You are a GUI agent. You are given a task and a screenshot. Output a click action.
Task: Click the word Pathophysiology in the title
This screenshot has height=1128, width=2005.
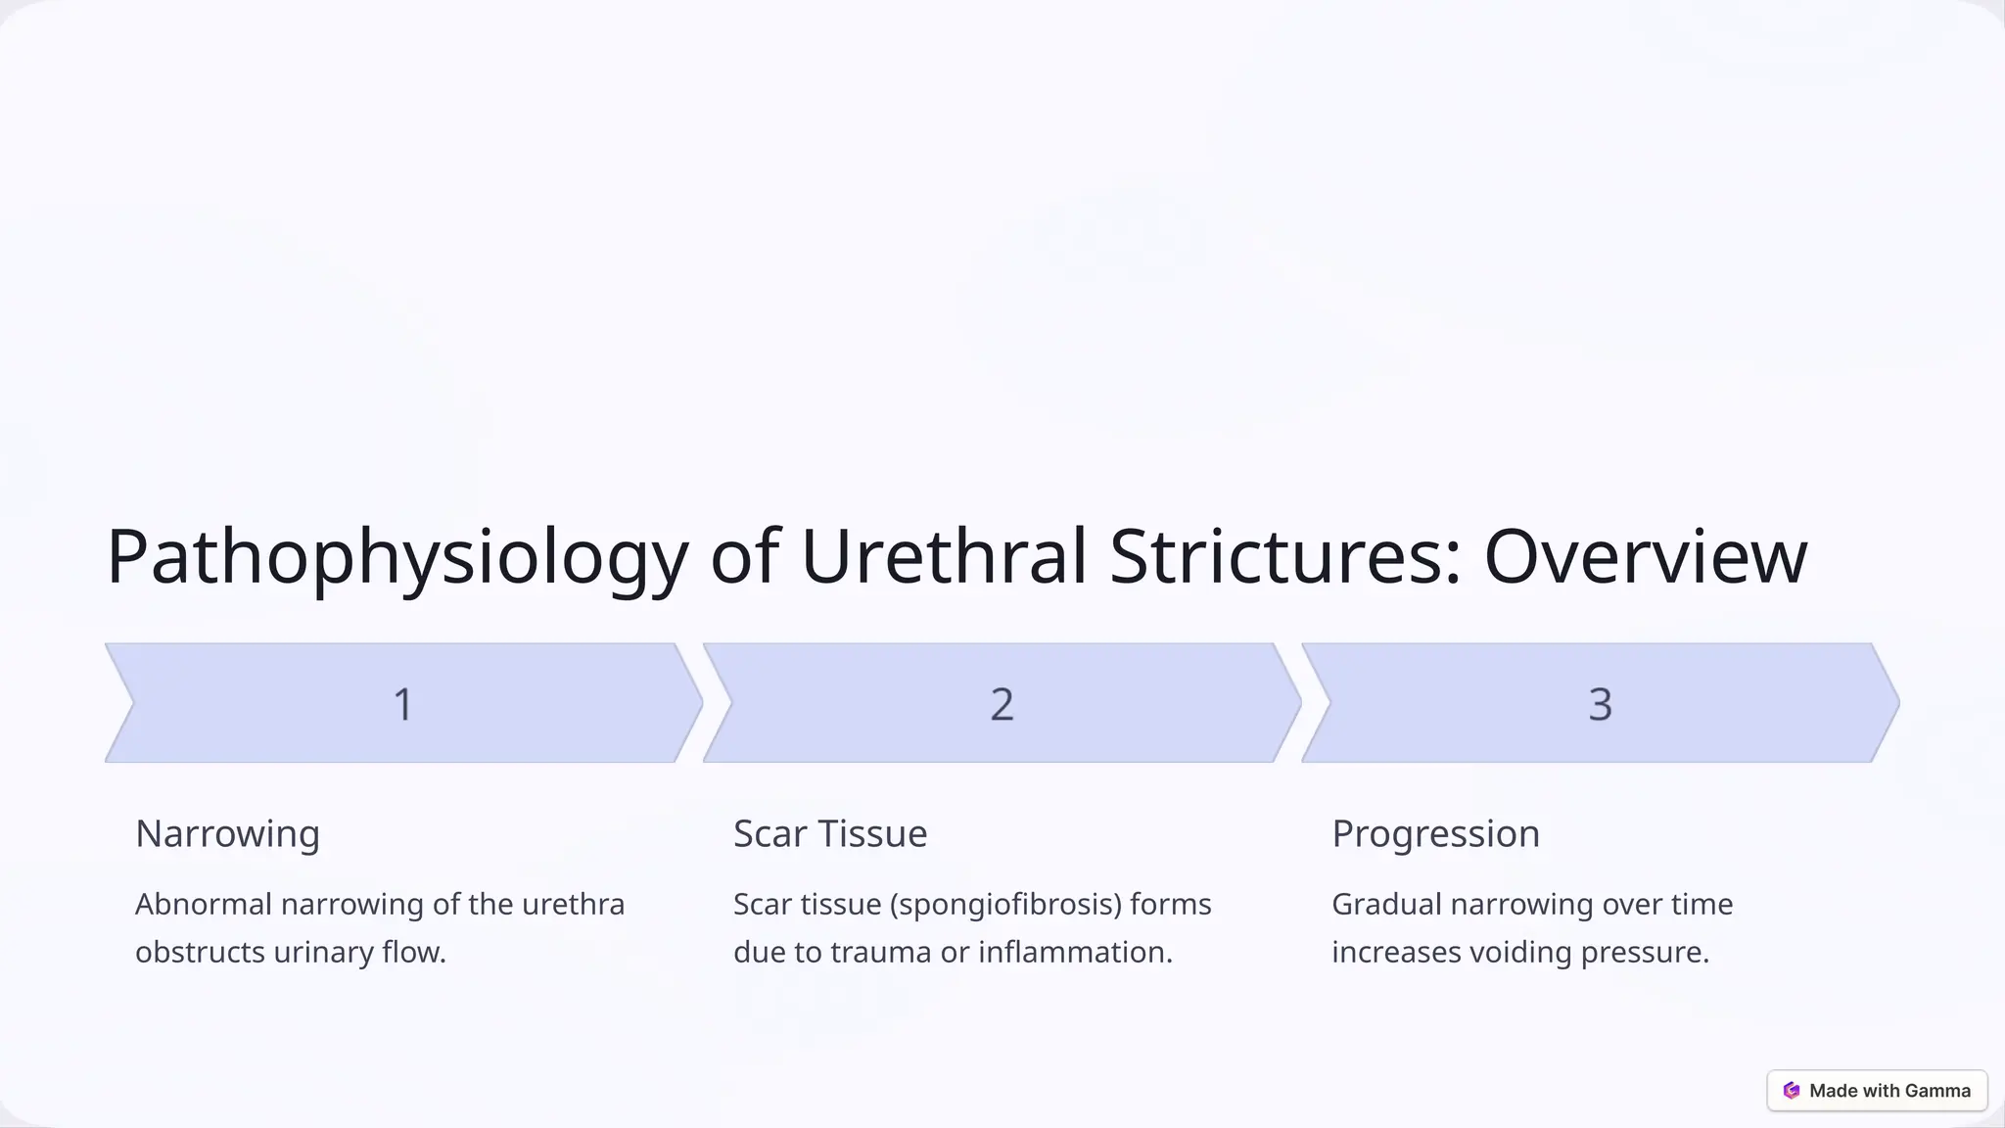396,557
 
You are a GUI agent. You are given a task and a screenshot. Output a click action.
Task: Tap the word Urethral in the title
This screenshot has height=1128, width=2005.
944,557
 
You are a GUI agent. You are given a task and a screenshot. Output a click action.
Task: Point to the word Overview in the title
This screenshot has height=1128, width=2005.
1645,557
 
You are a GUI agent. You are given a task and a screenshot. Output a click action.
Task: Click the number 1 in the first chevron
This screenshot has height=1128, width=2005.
402,704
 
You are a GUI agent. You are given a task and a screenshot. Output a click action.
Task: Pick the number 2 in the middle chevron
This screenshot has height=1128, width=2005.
1002,704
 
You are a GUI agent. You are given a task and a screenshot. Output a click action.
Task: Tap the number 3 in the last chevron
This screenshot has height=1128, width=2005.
1600,704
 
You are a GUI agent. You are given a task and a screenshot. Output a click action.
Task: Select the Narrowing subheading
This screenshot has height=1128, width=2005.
227,834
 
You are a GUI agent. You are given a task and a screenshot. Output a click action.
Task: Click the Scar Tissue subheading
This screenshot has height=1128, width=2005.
829,834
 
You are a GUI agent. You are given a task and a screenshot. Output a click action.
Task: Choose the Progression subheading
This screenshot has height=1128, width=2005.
1435,834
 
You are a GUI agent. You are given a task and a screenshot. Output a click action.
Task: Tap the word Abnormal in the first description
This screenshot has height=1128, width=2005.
203,904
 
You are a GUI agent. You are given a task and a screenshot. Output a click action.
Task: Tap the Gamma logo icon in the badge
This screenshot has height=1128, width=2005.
1792,1091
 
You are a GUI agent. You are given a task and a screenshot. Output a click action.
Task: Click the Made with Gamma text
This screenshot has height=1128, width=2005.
1889,1091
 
